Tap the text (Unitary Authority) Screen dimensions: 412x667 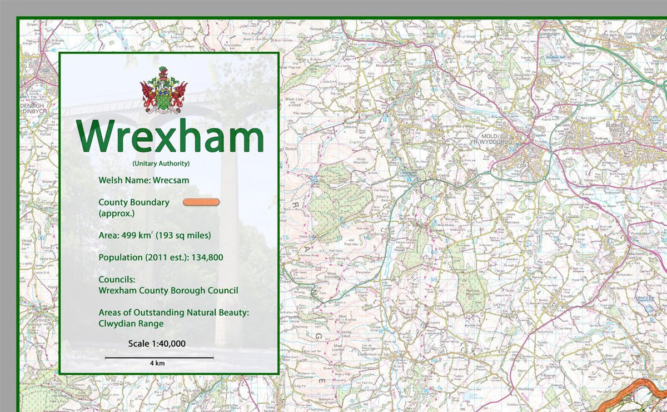[161, 163]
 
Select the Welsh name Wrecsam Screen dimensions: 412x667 [171, 180]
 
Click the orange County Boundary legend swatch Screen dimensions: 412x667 [201, 202]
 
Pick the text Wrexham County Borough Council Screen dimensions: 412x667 [168, 290]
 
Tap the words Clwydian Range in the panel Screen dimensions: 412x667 [131, 323]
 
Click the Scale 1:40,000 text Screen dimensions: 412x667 [157, 344]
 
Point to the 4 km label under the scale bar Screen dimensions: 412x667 [157, 363]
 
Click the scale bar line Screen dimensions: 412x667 [159, 358]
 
